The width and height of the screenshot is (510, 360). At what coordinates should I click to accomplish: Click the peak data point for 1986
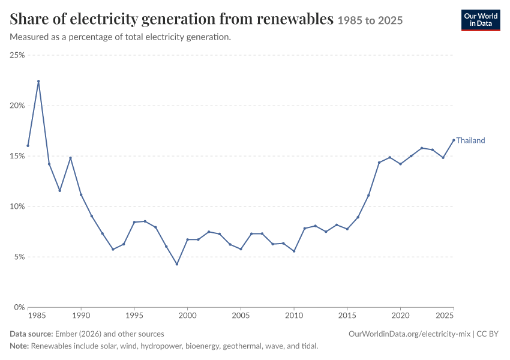click(38, 82)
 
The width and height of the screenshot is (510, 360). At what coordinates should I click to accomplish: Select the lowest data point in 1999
click(177, 264)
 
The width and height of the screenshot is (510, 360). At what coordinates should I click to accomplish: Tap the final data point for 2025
click(454, 140)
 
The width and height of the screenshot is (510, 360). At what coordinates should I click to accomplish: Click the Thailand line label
click(470, 140)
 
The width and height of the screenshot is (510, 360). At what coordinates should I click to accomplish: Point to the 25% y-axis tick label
click(17, 55)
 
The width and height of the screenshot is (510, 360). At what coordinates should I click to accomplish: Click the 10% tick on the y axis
click(17, 206)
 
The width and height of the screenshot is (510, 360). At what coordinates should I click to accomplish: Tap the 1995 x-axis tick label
click(134, 316)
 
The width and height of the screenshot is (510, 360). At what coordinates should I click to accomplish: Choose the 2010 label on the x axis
click(294, 316)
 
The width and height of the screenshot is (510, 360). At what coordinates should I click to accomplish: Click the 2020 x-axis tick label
click(400, 316)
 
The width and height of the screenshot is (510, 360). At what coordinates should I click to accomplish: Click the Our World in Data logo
click(481, 20)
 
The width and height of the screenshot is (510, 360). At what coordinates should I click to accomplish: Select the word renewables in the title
click(295, 19)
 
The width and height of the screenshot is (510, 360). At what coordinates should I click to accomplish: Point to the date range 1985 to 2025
click(370, 20)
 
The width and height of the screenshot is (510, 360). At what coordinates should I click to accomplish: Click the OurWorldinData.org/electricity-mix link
click(409, 334)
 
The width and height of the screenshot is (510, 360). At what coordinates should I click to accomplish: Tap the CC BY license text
click(487, 334)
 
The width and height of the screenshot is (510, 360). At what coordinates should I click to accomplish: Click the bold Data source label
click(31, 334)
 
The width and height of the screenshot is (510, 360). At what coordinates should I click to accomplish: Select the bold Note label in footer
click(19, 346)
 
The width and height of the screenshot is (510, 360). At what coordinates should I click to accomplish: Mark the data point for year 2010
click(294, 251)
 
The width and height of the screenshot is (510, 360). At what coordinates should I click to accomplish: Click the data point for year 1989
click(70, 158)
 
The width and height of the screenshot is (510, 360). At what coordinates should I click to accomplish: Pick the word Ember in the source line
click(65, 334)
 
